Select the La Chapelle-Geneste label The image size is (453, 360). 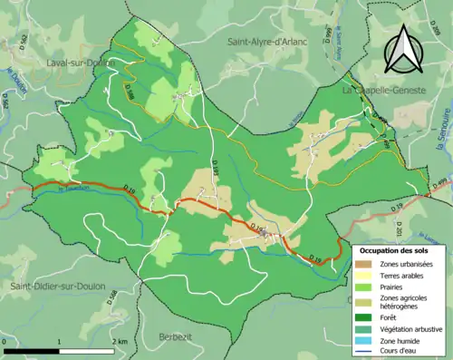[x=385, y=91]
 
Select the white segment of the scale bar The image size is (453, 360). [x=87, y=350]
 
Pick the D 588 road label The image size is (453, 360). [x=129, y=91]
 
